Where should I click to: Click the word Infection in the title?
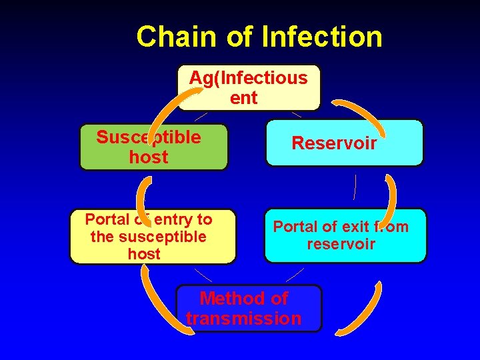[322, 37]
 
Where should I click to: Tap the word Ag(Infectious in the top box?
[248, 78]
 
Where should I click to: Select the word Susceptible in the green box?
[148, 137]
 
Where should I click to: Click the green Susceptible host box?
[153, 147]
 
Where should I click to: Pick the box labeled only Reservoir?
[344, 143]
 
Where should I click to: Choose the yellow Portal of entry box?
[153, 237]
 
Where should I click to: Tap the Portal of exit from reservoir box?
[345, 235]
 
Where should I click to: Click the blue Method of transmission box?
[248, 308]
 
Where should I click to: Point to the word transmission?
[244, 319]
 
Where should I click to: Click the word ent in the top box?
[243, 98]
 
